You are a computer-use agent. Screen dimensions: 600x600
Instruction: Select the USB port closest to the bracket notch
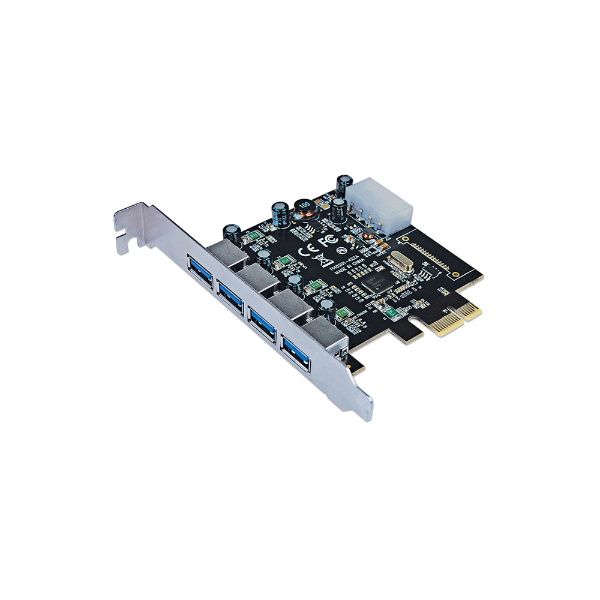click(x=200, y=271)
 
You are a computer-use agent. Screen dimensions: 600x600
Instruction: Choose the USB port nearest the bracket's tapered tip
click(x=296, y=353)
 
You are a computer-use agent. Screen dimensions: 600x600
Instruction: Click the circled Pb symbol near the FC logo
click(x=340, y=249)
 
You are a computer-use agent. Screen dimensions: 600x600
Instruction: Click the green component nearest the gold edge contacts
click(x=389, y=311)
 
